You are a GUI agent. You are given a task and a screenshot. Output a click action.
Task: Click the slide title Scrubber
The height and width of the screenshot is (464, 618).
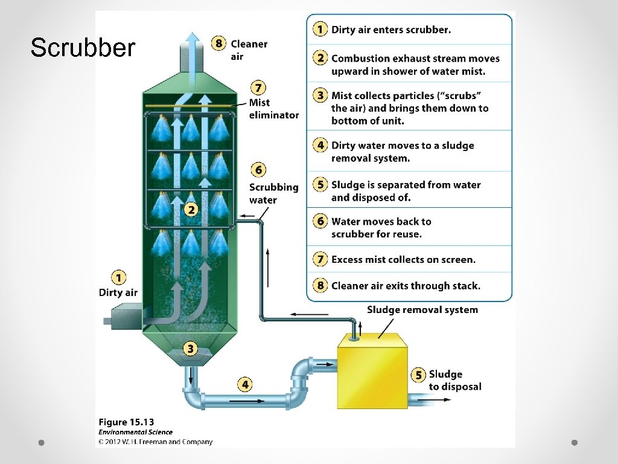(83, 48)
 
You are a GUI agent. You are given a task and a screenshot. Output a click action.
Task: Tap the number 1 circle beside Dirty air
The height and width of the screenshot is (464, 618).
(119, 278)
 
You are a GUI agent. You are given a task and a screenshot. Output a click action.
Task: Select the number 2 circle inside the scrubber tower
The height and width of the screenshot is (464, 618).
(191, 210)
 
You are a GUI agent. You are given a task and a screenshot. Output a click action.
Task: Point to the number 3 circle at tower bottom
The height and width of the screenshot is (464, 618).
(190, 349)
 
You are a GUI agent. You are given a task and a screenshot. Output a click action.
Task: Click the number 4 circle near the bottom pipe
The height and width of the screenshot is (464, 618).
(244, 384)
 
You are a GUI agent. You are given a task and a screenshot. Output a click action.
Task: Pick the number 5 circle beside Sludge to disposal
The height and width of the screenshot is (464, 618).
(418, 375)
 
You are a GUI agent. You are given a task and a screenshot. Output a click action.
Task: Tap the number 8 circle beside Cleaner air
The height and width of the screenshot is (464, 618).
(219, 43)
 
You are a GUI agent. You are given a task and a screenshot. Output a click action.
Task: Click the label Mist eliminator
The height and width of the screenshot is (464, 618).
(273, 109)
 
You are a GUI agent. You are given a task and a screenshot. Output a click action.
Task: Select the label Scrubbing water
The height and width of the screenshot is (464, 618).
(273, 193)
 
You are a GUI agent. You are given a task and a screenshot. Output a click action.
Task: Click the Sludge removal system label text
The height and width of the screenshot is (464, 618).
(422, 310)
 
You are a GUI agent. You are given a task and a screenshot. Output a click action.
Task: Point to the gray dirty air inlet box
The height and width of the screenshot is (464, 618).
(126, 315)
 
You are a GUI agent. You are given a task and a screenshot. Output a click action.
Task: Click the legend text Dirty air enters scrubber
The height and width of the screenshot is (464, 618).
(390, 30)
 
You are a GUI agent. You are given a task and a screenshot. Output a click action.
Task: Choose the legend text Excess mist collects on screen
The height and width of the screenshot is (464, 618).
(403, 260)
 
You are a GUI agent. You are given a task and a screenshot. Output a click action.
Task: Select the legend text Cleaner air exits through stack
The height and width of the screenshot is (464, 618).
(406, 286)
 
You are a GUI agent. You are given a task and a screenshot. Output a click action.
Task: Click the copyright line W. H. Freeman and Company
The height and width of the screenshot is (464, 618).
(155, 442)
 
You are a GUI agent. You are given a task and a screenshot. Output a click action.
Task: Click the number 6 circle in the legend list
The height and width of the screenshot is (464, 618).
(320, 221)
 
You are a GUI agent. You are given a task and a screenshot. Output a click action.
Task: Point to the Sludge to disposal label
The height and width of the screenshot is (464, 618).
(454, 380)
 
